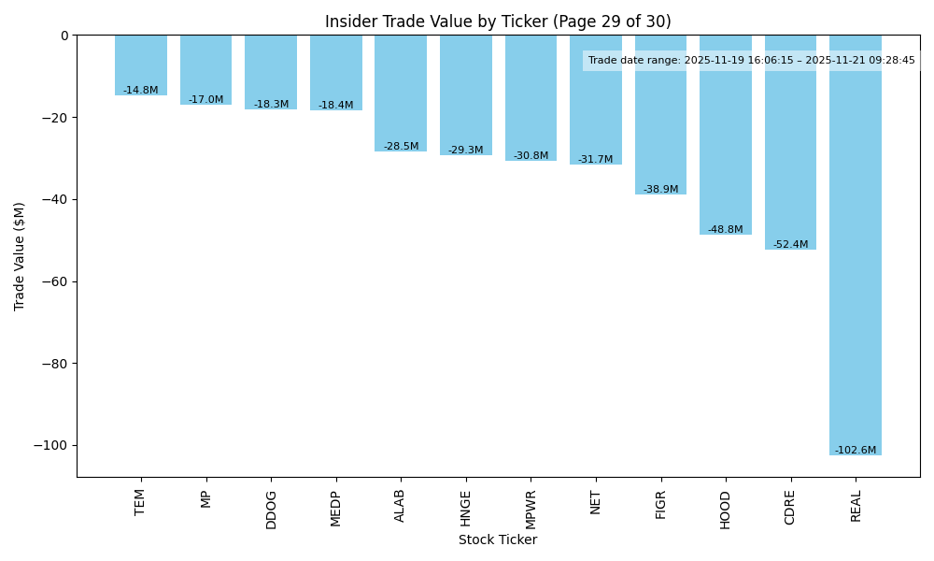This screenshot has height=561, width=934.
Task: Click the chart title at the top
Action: click(x=498, y=22)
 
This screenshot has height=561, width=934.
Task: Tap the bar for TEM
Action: click(x=141, y=65)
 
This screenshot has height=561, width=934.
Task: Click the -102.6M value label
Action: click(x=856, y=450)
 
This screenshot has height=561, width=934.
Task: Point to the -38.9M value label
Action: click(x=660, y=190)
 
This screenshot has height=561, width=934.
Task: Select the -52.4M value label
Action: click(x=790, y=245)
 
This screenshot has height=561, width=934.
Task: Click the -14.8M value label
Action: click(x=141, y=91)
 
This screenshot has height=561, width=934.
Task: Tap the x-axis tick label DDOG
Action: click(x=271, y=510)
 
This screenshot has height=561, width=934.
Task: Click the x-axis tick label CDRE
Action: click(x=790, y=507)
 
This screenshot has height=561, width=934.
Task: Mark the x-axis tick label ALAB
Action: click(x=401, y=506)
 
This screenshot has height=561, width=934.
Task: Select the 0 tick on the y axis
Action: click(x=64, y=36)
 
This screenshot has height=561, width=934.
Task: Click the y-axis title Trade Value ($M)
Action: click(x=20, y=256)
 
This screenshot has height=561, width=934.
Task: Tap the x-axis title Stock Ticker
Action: click(x=498, y=539)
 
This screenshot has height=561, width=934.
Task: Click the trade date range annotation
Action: click(x=751, y=61)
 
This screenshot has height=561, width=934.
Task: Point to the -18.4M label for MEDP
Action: click(x=335, y=106)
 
